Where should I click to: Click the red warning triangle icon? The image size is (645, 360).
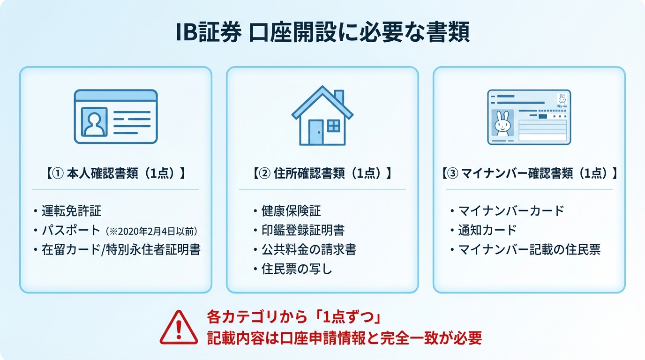[x=179, y=328]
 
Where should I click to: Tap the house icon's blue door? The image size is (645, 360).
[x=316, y=132]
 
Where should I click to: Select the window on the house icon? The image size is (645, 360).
[x=333, y=126]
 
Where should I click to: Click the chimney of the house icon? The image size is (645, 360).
[x=338, y=97]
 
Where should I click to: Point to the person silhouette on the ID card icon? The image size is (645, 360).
[x=95, y=121]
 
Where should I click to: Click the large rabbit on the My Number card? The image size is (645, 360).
[x=502, y=124]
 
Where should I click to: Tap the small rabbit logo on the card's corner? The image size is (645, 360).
[x=562, y=99]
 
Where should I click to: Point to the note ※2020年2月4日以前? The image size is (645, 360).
[x=151, y=231]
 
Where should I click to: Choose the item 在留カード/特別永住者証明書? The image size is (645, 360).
[x=121, y=249]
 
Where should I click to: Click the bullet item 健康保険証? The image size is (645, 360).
[x=291, y=211]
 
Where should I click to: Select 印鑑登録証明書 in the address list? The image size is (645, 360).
[x=303, y=230]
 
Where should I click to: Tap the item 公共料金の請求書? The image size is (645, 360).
[x=308, y=249]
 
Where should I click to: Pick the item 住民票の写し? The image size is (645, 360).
[x=297, y=269]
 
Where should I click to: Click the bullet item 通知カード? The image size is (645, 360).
[x=487, y=230]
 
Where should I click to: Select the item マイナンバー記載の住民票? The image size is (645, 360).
[x=529, y=249]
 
